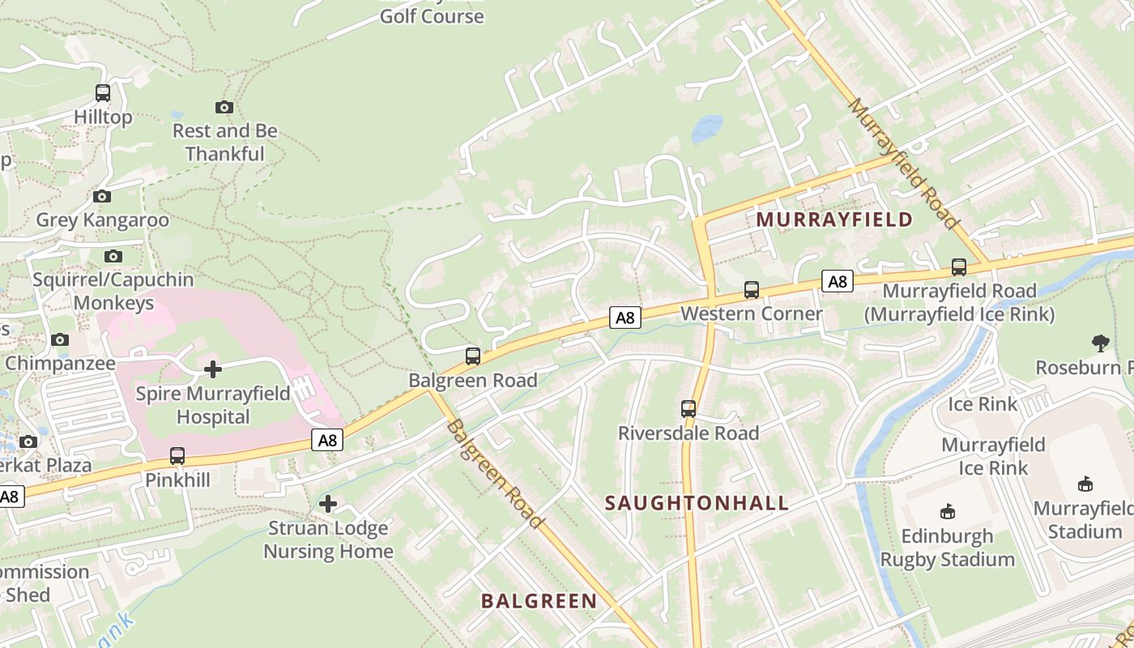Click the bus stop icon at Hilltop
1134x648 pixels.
click(x=103, y=93)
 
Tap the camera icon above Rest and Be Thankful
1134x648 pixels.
click(x=224, y=107)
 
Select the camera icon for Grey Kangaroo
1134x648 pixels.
click(x=102, y=196)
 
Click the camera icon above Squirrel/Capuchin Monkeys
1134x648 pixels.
click(x=113, y=256)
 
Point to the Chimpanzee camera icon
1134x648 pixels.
click(x=60, y=340)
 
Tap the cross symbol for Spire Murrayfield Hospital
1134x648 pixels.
click(x=213, y=369)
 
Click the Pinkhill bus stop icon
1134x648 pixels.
click(x=177, y=456)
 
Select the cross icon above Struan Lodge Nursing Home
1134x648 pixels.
click(x=328, y=505)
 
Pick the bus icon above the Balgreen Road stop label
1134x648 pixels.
click(x=473, y=356)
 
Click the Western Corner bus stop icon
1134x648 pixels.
click(x=752, y=290)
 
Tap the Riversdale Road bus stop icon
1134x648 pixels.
click(x=688, y=409)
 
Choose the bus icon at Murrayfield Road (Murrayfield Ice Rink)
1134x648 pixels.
click(x=959, y=267)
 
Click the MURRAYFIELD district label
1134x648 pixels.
click(x=834, y=220)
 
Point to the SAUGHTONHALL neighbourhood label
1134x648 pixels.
click(x=697, y=503)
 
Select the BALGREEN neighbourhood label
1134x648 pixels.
click(x=539, y=601)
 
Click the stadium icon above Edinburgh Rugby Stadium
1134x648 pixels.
click(x=947, y=512)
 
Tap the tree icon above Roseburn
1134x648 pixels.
click(x=1100, y=343)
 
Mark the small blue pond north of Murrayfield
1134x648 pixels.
click(x=706, y=127)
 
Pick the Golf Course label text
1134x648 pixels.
click(x=432, y=16)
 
